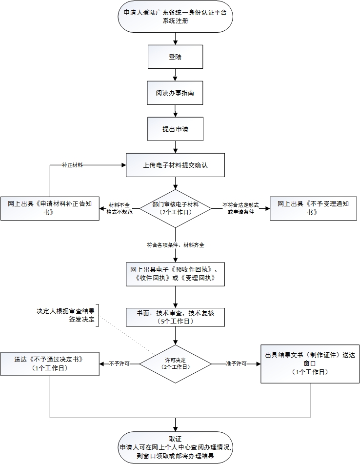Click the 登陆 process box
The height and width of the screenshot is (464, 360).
point(175,57)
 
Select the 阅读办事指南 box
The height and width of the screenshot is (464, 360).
point(175,93)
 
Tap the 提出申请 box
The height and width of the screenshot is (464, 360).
point(175,129)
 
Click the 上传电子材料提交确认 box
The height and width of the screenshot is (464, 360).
point(175,165)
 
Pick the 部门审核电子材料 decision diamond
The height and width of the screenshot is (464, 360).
point(175,208)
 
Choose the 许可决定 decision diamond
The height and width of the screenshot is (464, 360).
point(175,363)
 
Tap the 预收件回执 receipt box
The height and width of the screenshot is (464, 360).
point(175,274)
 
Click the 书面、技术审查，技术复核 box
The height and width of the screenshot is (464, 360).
point(175,317)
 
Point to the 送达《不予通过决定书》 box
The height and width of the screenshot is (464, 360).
point(50,363)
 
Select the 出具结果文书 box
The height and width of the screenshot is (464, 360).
point(310,363)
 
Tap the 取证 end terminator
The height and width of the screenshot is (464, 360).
point(175,447)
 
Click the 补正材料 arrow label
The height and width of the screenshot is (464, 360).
point(72,165)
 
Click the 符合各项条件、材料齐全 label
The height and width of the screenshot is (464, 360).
point(175,245)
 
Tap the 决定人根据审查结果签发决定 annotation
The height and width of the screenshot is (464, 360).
point(66,315)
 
